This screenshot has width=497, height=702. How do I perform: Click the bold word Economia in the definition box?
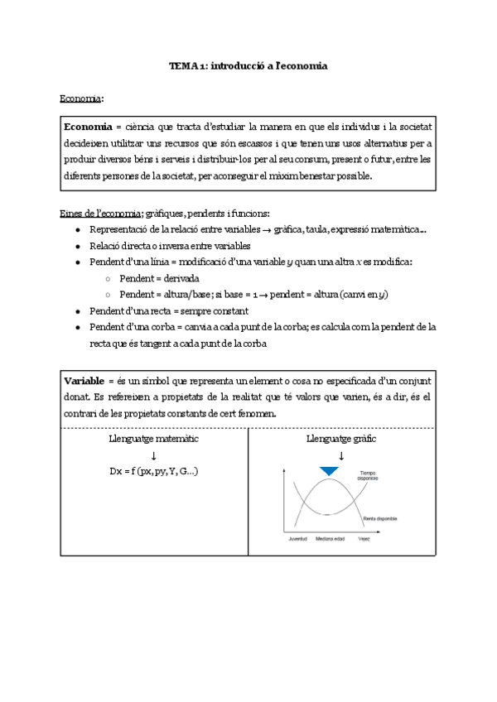click(89, 126)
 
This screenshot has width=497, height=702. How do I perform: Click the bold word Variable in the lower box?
click(84, 380)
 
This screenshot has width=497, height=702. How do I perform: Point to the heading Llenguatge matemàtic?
click(153, 438)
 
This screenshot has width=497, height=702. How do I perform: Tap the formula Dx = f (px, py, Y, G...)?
click(153, 471)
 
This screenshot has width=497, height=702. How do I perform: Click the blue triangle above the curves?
click(330, 471)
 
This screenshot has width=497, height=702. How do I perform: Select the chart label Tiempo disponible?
click(368, 478)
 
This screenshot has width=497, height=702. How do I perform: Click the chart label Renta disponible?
click(379, 519)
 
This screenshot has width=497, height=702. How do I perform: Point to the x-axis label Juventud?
click(297, 539)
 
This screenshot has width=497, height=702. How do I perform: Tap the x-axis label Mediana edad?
click(330, 539)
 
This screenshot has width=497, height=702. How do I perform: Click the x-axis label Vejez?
click(364, 539)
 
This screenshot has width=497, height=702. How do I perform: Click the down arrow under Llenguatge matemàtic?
click(153, 455)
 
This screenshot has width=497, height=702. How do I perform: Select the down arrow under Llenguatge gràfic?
click(340, 455)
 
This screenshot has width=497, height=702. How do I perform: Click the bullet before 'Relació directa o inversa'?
click(77, 246)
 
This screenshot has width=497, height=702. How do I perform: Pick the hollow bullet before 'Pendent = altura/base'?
click(109, 295)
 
